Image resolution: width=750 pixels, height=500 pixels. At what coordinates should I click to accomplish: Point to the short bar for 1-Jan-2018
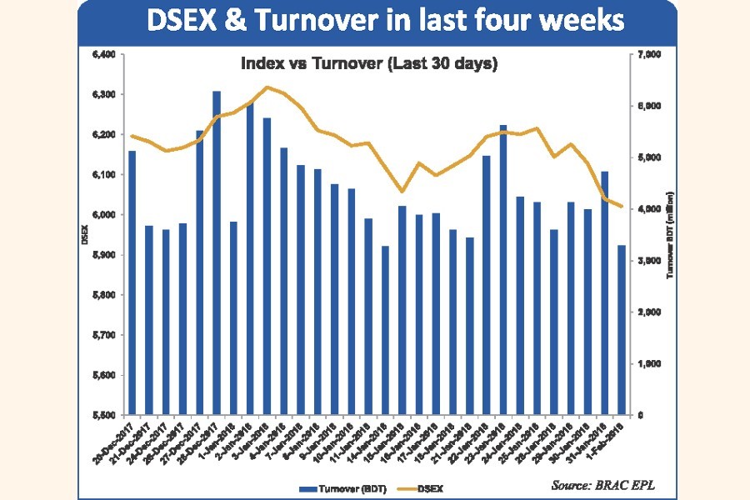[233, 317]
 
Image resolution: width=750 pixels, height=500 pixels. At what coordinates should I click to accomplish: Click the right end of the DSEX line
[621, 207]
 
